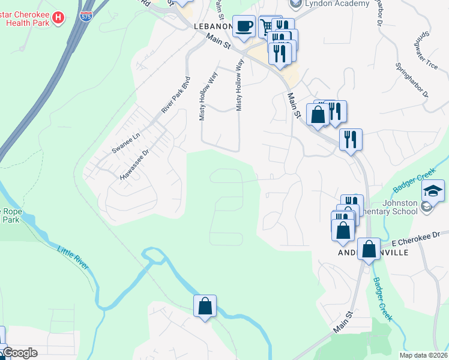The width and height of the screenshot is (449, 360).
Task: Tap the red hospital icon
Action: tap(58, 18)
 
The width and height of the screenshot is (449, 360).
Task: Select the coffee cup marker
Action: tap(243, 26)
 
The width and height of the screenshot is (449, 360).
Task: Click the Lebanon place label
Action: tap(212, 27)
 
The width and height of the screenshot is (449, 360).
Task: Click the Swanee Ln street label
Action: tap(125, 145)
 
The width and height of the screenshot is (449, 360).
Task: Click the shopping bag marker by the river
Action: tap(205, 306)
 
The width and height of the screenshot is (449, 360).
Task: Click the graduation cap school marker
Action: tap(433, 191)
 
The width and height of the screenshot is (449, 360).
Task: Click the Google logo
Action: tap(19, 353)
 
